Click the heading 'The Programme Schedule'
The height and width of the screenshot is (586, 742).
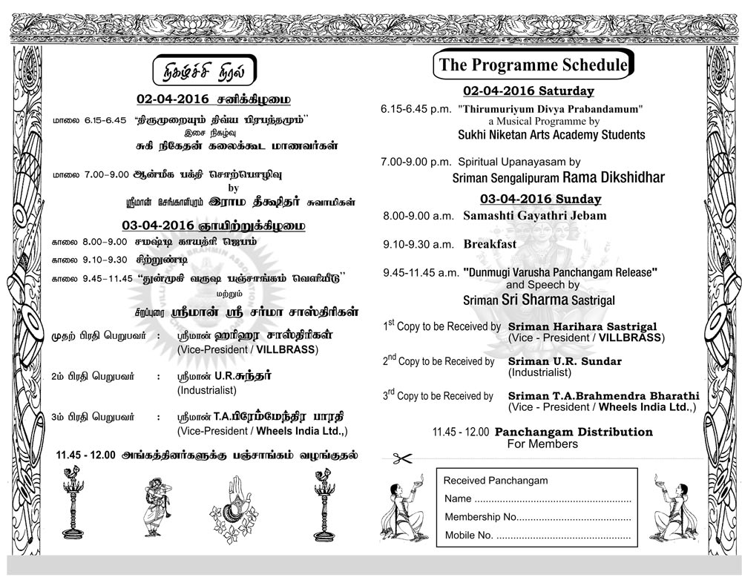533,65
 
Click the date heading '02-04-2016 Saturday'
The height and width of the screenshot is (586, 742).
528,91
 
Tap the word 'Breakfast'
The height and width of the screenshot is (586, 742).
490,244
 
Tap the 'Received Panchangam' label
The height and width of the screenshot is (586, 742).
495,481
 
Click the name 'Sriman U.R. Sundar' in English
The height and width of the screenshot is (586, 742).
565,361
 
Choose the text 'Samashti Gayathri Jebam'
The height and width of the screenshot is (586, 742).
534,216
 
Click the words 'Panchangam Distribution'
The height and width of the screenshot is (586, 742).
574,432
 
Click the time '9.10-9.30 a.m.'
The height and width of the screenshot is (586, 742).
418,244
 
